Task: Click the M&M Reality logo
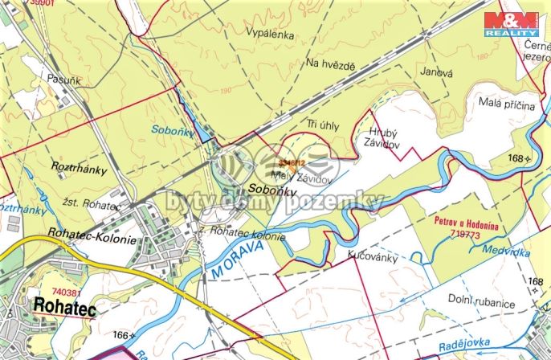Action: coord(510,23)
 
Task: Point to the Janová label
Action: coord(437,72)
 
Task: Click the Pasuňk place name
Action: coord(42,80)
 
